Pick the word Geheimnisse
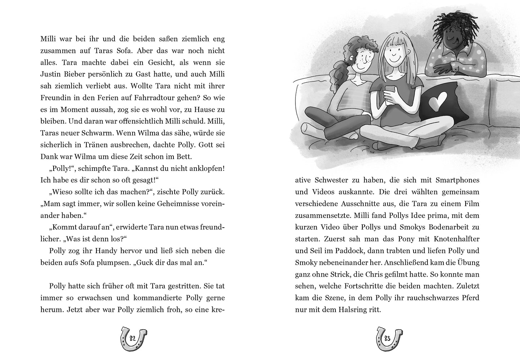click(178, 204)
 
